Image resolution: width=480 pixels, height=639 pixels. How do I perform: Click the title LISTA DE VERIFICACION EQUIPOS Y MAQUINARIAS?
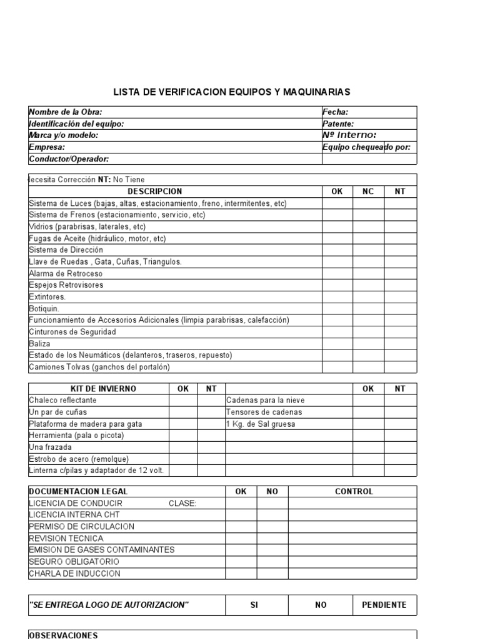[x=232, y=92]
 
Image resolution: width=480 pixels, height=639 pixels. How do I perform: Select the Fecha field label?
[x=335, y=112]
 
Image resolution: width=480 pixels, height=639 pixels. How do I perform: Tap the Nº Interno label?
[x=349, y=135]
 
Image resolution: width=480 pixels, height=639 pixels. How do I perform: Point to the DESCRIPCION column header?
[x=155, y=192]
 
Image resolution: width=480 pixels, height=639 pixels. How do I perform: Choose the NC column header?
[x=368, y=192]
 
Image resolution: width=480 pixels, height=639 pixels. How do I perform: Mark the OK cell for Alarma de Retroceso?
[x=337, y=273]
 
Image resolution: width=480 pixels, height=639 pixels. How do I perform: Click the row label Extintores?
[x=47, y=297]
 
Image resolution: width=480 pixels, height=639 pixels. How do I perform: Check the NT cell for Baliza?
[x=400, y=344]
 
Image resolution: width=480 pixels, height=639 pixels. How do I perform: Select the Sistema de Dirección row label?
[x=66, y=250]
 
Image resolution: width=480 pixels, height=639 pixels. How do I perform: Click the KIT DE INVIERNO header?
[x=99, y=389]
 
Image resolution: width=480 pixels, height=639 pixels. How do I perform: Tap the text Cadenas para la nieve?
[x=265, y=401]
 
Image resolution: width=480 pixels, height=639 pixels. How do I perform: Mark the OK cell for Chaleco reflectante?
[x=183, y=401]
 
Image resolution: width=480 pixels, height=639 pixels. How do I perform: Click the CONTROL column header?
[x=354, y=492]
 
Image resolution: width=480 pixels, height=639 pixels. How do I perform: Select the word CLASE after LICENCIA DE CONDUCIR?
[x=182, y=504]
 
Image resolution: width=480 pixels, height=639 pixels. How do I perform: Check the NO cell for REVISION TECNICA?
[x=272, y=539]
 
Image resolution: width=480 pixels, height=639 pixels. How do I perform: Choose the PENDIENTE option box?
[x=384, y=605]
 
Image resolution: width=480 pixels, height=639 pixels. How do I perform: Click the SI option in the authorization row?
[x=254, y=605]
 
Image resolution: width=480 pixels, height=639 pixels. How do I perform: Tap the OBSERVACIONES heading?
[x=64, y=635]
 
